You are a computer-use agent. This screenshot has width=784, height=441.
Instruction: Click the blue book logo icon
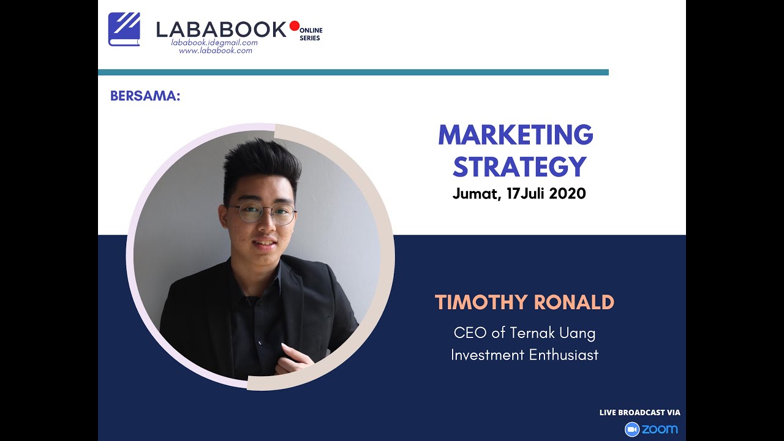point(124,29)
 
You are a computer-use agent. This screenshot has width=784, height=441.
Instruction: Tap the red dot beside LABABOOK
point(294,26)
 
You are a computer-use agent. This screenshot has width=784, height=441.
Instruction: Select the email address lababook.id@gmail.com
point(214,43)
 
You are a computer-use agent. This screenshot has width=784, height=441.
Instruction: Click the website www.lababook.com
point(216,51)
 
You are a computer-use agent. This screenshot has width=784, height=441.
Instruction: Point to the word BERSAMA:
point(145,96)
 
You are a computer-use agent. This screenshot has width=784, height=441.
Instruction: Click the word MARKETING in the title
point(515,135)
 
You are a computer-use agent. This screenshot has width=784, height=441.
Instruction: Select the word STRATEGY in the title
point(519,167)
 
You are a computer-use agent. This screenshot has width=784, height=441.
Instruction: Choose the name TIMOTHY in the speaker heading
point(481,303)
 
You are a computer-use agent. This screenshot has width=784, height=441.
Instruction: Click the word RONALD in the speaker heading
point(574,303)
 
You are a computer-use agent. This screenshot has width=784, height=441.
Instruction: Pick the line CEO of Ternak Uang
point(524,333)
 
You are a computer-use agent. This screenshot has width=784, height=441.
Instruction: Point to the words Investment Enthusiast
point(524,355)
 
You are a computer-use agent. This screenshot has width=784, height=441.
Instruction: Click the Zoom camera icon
point(631,429)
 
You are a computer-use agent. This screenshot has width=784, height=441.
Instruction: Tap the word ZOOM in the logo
point(660,429)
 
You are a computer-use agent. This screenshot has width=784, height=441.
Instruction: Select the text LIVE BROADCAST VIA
point(639,413)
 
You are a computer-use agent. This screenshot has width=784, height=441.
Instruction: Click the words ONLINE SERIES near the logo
point(311,34)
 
